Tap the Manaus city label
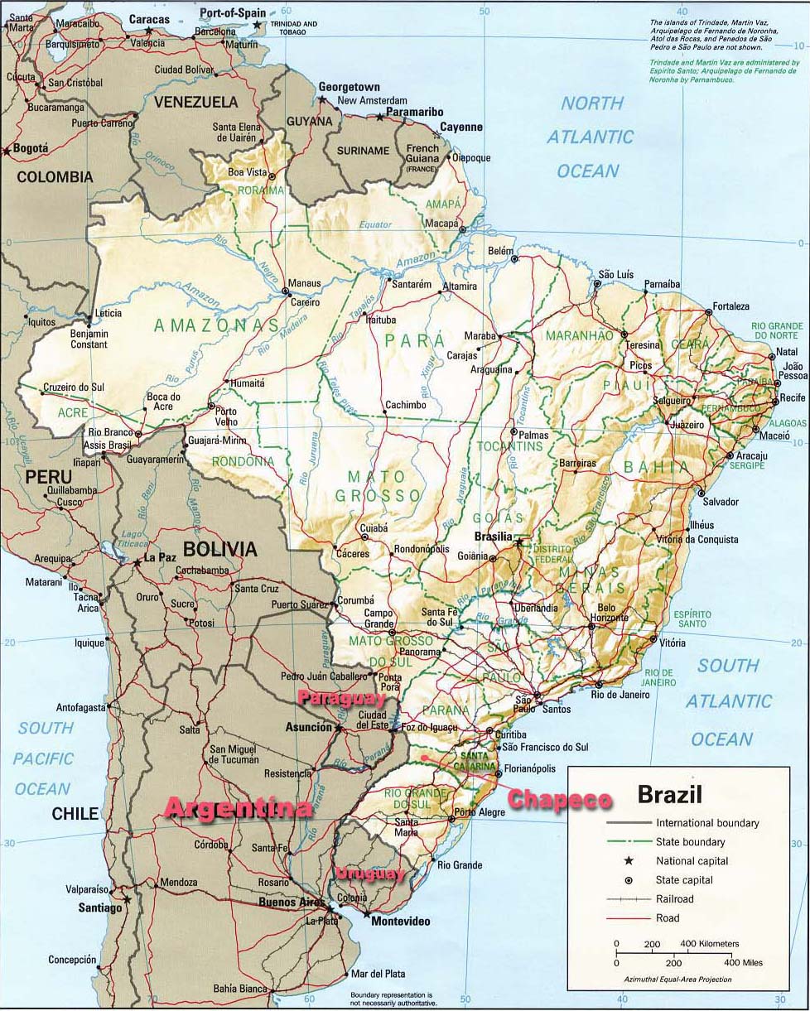(x=304, y=283)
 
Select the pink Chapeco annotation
(x=559, y=799)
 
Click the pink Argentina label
(x=239, y=808)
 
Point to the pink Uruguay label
(x=369, y=874)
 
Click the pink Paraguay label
(x=336, y=699)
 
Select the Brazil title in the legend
(x=669, y=796)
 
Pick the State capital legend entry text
(x=684, y=880)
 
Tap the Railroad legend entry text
(x=676, y=899)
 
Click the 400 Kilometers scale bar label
(x=710, y=944)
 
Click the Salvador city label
(x=720, y=502)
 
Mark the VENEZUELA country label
(x=194, y=102)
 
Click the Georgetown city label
(x=350, y=87)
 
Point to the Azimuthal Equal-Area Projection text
(x=678, y=980)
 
